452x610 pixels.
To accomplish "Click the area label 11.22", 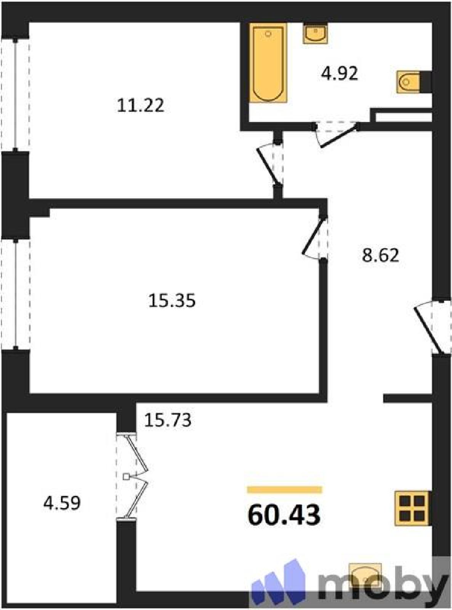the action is (141, 106).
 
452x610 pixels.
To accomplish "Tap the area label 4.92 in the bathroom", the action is (340, 74).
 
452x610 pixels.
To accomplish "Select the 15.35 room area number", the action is (172, 300).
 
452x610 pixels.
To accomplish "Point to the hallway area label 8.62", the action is (380, 255).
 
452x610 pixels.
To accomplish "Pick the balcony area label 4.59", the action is (62, 503).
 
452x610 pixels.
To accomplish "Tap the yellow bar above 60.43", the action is (285, 490).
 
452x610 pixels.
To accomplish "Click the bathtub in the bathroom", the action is (268, 63).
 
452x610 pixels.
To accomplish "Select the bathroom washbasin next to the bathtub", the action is (315, 34).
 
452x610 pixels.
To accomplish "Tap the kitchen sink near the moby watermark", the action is (365, 576).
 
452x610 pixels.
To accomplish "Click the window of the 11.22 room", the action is (15, 95).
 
